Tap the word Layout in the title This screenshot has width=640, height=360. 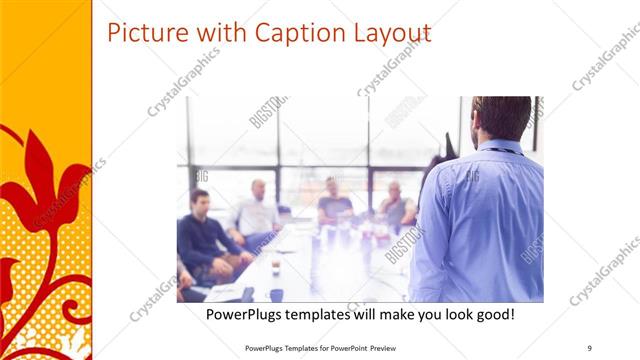[385, 34]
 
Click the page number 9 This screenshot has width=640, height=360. [590, 347]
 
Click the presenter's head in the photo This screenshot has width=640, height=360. [500, 118]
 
